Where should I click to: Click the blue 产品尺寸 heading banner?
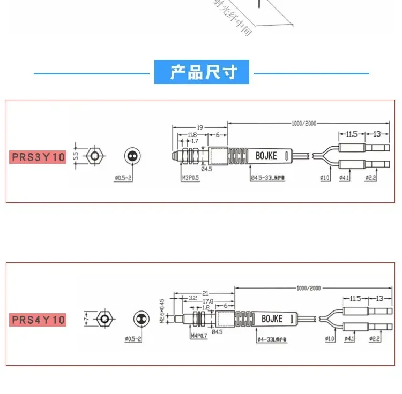tap(202, 72)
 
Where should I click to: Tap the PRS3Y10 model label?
tap(38, 157)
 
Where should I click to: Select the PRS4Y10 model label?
tap(38, 320)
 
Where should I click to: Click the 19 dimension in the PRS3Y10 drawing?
tap(199, 127)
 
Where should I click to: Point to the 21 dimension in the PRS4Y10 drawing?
tap(205, 293)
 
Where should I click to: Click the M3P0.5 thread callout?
tap(190, 177)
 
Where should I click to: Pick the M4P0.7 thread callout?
tap(198, 336)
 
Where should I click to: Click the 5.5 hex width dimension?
tap(76, 156)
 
